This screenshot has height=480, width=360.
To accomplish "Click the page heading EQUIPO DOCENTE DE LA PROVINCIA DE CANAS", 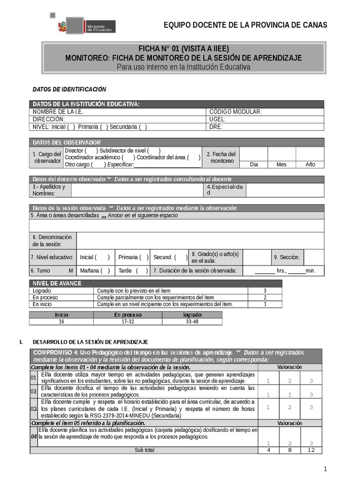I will coord(245,25).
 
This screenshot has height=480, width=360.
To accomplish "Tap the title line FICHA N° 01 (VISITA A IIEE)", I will coord(184,49).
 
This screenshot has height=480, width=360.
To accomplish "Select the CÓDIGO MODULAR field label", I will coord(235,112).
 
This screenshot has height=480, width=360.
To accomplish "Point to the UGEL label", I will coord(217,119).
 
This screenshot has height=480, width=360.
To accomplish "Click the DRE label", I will coord(216,127).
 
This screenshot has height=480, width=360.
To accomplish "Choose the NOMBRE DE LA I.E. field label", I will coord(58,112).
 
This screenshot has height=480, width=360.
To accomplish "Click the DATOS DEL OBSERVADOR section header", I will coord(66,142).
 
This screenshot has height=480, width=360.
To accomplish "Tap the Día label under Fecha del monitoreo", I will coord(254,165).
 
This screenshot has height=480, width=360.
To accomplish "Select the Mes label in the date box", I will coord(281,165).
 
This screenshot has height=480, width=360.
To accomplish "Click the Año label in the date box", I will coord(310,165).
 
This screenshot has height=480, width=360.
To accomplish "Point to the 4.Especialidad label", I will coord(225,190).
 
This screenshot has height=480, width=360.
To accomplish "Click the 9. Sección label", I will coord(287,257).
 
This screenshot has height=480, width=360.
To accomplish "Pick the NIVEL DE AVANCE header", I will coord(57,284).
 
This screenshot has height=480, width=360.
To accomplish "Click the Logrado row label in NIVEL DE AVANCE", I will coord(42,291).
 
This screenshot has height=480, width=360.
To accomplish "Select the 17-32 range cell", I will coord(127,322).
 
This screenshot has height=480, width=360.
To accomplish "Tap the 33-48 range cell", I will coord(192,322).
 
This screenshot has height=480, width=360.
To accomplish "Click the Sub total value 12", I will coord(312,450).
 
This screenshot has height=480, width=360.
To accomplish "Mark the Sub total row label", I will coord(144,450).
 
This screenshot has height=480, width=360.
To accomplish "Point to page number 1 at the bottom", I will coord(325,469).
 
